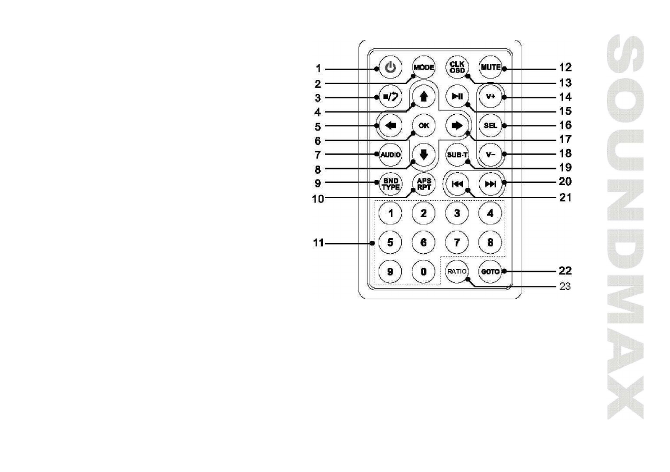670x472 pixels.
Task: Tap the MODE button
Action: [x=424, y=67]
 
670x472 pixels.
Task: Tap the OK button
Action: [x=424, y=125]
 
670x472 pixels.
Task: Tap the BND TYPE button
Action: [x=390, y=183]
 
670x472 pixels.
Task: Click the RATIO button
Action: [x=457, y=271]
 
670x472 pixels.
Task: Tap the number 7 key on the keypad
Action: [x=457, y=242]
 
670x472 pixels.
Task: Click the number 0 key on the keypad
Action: [x=424, y=271]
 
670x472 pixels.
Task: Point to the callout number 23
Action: [x=565, y=286]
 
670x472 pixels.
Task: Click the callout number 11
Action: [x=319, y=244]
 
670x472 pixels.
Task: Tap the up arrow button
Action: [x=424, y=96]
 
